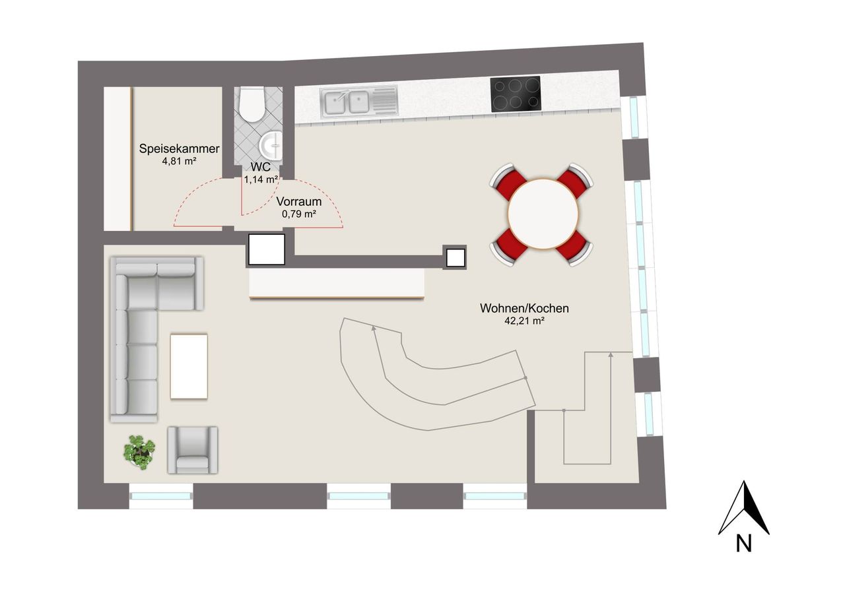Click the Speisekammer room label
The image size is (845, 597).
pyautogui.click(x=179, y=148)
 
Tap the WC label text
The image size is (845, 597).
pyautogui.click(x=261, y=167)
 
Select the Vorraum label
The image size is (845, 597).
pyautogui.click(x=299, y=202)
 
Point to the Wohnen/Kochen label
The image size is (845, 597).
pyautogui.click(x=524, y=308)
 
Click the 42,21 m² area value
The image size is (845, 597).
pyautogui.click(x=524, y=321)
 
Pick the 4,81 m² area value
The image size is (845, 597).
pyautogui.click(x=179, y=162)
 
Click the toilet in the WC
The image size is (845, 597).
pyautogui.click(x=252, y=104)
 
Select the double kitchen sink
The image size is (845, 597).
pyautogui.click(x=358, y=101)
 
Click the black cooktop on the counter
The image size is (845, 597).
pyautogui.click(x=516, y=94)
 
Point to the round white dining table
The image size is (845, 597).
pyautogui.click(x=543, y=214)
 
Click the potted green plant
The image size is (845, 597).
pyautogui.click(x=139, y=453)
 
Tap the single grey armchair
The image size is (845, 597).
pyautogui.click(x=193, y=450)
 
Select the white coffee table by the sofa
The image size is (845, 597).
pyautogui.click(x=189, y=366)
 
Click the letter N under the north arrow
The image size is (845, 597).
pyautogui.click(x=743, y=544)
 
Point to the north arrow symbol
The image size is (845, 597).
pyautogui.click(x=744, y=507)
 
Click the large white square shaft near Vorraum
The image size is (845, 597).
pyautogui.click(x=266, y=249)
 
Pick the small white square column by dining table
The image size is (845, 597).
pyautogui.click(x=456, y=258)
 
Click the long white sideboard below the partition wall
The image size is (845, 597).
pyautogui.click(x=337, y=284)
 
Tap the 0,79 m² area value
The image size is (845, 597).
pyautogui.click(x=299, y=214)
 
